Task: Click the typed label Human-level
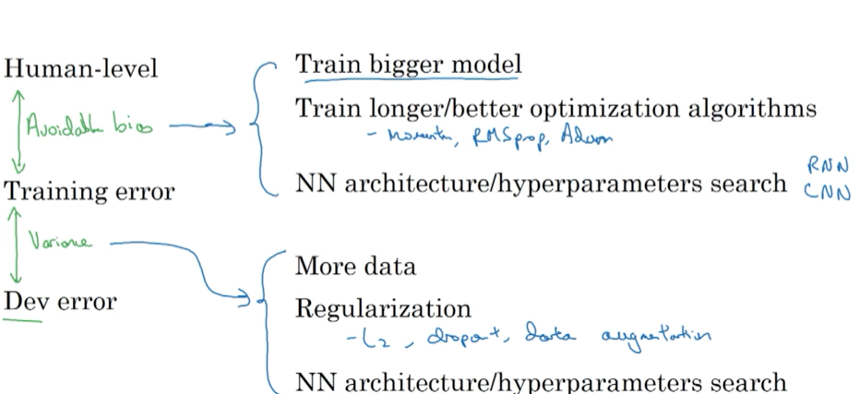pos(81,69)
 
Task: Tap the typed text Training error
pos(89,192)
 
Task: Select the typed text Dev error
pos(60,301)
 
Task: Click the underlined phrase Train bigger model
pos(408,65)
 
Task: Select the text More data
pos(355,267)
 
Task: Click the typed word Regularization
pos(382,308)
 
